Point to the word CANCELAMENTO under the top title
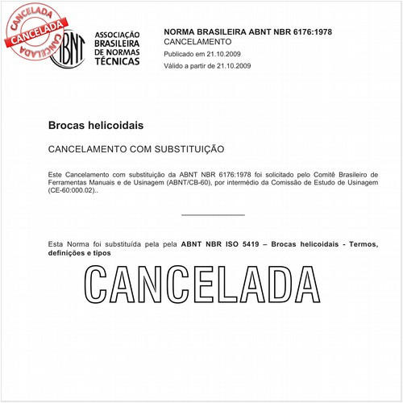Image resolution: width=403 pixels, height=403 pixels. [x=197, y=41]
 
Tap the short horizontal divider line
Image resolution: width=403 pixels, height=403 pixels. [x=213, y=215]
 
